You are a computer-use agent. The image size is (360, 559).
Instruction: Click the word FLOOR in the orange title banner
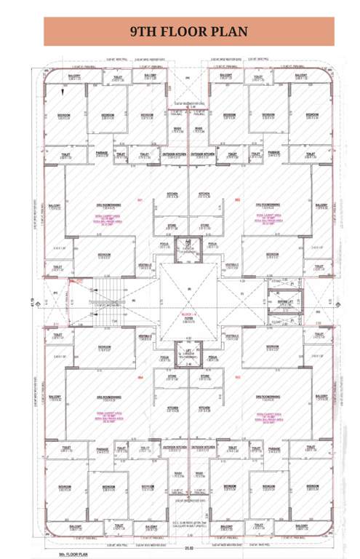coord(191,31)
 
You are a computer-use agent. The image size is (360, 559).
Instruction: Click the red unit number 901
coord(138,200)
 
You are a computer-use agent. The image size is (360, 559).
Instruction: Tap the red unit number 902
coord(236,200)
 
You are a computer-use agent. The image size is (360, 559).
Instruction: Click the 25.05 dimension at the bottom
coord(188,547)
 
